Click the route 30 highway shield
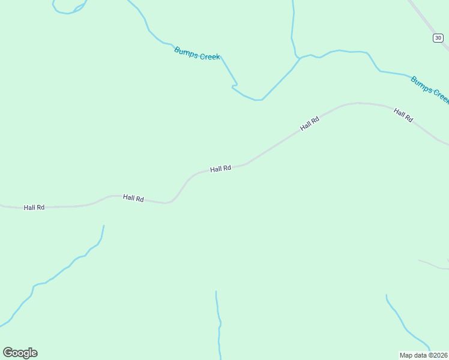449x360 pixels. point(438,38)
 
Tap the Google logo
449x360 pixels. point(20,353)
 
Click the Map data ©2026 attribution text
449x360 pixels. point(424,355)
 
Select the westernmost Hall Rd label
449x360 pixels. point(34,208)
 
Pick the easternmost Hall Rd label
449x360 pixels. point(403,115)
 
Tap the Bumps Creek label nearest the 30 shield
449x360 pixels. point(430,89)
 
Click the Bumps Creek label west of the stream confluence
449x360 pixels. point(197,53)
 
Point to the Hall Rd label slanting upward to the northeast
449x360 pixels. point(310,124)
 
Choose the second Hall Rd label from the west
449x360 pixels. point(133,198)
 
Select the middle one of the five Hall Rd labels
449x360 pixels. point(220,169)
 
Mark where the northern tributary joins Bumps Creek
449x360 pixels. point(298,58)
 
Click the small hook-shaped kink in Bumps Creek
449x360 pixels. point(234,87)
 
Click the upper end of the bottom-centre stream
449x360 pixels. point(216,292)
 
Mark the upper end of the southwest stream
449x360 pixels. point(104,226)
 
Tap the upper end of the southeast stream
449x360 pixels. point(387,295)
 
